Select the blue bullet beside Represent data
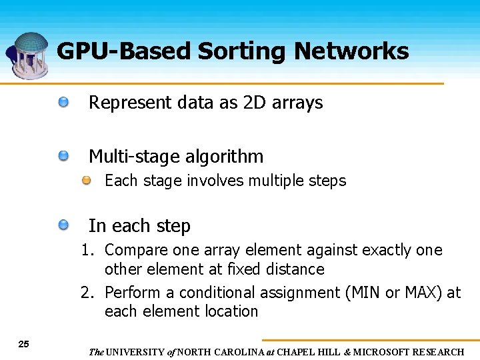(x=63, y=102)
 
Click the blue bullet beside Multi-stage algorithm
(x=63, y=156)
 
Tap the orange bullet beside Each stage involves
(x=87, y=181)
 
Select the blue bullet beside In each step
(x=63, y=225)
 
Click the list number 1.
(x=87, y=251)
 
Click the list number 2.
(x=87, y=293)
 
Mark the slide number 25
(x=24, y=344)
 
